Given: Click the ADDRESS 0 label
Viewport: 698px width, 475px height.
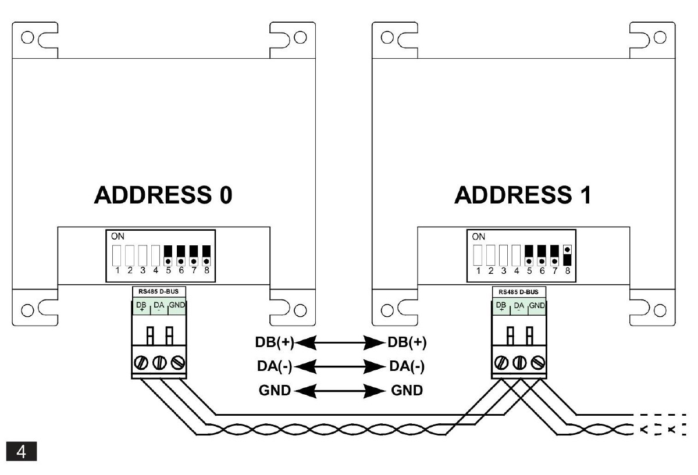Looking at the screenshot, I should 163,196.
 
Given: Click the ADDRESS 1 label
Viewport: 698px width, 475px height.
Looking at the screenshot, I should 523,196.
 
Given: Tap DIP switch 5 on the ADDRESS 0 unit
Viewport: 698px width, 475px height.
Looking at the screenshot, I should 169,254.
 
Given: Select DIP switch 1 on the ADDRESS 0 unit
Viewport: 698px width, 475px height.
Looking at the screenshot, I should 117,254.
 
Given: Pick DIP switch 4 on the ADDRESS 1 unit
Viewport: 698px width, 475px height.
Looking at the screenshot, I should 516,254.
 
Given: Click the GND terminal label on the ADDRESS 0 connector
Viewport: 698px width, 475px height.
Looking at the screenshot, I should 177,306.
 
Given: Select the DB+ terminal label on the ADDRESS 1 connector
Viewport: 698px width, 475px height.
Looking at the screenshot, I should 500,306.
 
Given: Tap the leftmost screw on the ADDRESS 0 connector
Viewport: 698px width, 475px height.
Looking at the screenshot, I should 140,363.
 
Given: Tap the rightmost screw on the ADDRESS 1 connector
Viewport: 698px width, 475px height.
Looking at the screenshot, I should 539,363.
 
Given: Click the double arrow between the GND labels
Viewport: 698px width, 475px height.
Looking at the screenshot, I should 340,390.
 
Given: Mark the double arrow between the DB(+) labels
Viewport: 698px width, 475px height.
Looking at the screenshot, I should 340,342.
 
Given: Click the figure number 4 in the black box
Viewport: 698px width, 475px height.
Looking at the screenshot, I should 21,452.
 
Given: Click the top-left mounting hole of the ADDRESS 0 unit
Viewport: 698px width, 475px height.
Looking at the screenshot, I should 27,38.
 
